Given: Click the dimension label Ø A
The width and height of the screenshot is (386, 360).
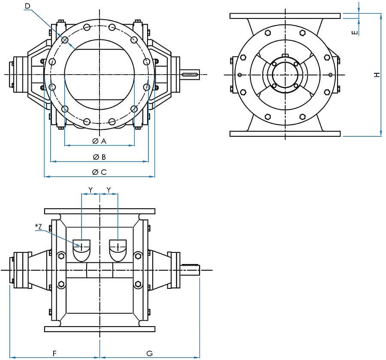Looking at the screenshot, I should [99, 141].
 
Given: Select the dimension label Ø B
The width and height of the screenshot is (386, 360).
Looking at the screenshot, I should [99, 157].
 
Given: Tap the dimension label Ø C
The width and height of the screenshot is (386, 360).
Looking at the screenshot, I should [99, 172].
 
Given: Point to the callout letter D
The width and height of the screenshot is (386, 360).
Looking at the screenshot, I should [27, 6].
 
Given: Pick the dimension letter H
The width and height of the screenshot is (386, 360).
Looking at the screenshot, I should [377, 75].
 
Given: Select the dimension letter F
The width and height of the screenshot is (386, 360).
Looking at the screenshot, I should [54, 353].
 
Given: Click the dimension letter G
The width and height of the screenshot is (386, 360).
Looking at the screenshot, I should [149, 353].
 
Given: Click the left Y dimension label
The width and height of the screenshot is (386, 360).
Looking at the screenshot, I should [90, 189].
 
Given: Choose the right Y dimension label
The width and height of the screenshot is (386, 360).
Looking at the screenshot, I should [109, 189].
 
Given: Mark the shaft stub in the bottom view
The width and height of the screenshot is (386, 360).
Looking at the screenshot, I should [192, 270].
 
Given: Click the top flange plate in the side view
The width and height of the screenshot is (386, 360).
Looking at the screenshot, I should [285, 16].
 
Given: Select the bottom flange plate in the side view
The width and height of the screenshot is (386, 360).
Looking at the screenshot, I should [285, 134].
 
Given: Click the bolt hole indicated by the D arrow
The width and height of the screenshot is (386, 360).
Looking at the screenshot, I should [65, 40].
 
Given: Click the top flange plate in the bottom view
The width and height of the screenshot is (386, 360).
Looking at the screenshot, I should [100, 211].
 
